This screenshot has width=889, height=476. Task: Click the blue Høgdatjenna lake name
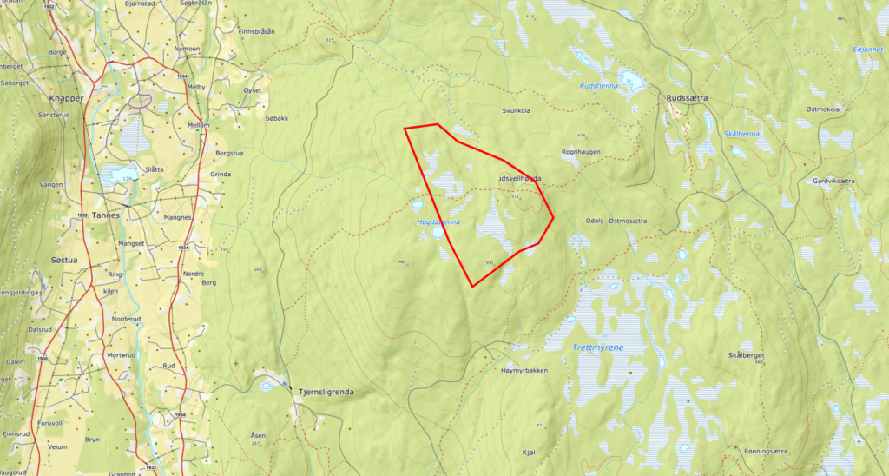438,222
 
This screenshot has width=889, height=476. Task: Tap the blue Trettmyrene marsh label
598,347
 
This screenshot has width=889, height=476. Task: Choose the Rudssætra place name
687,98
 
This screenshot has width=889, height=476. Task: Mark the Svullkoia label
517,111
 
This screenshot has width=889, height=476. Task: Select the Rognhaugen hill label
582,152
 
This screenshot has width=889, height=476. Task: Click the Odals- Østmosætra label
616,221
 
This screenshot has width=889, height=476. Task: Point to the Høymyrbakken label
524,371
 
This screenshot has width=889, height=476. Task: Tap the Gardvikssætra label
834,181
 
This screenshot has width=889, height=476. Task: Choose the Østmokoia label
822,109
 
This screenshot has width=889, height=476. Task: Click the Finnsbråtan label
255,30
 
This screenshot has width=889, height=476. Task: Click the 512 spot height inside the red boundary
515,196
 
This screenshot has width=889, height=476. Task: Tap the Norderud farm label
126,319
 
